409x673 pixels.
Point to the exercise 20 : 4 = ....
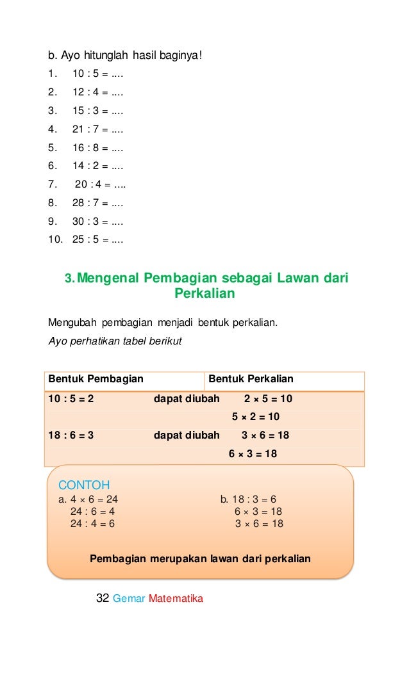point(100,186)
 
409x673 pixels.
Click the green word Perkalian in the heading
point(204,294)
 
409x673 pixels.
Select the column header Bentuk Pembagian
point(96,379)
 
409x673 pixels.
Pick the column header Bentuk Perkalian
point(251,379)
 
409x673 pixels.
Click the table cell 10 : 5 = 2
point(71,399)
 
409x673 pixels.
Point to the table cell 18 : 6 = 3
point(71,435)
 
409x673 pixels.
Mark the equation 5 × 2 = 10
point(256,417)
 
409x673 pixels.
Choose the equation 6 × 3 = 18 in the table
point(253,454)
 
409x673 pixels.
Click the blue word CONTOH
point(84,484)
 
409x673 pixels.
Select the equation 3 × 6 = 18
point(259,524)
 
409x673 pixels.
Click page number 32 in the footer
point(102,599)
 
